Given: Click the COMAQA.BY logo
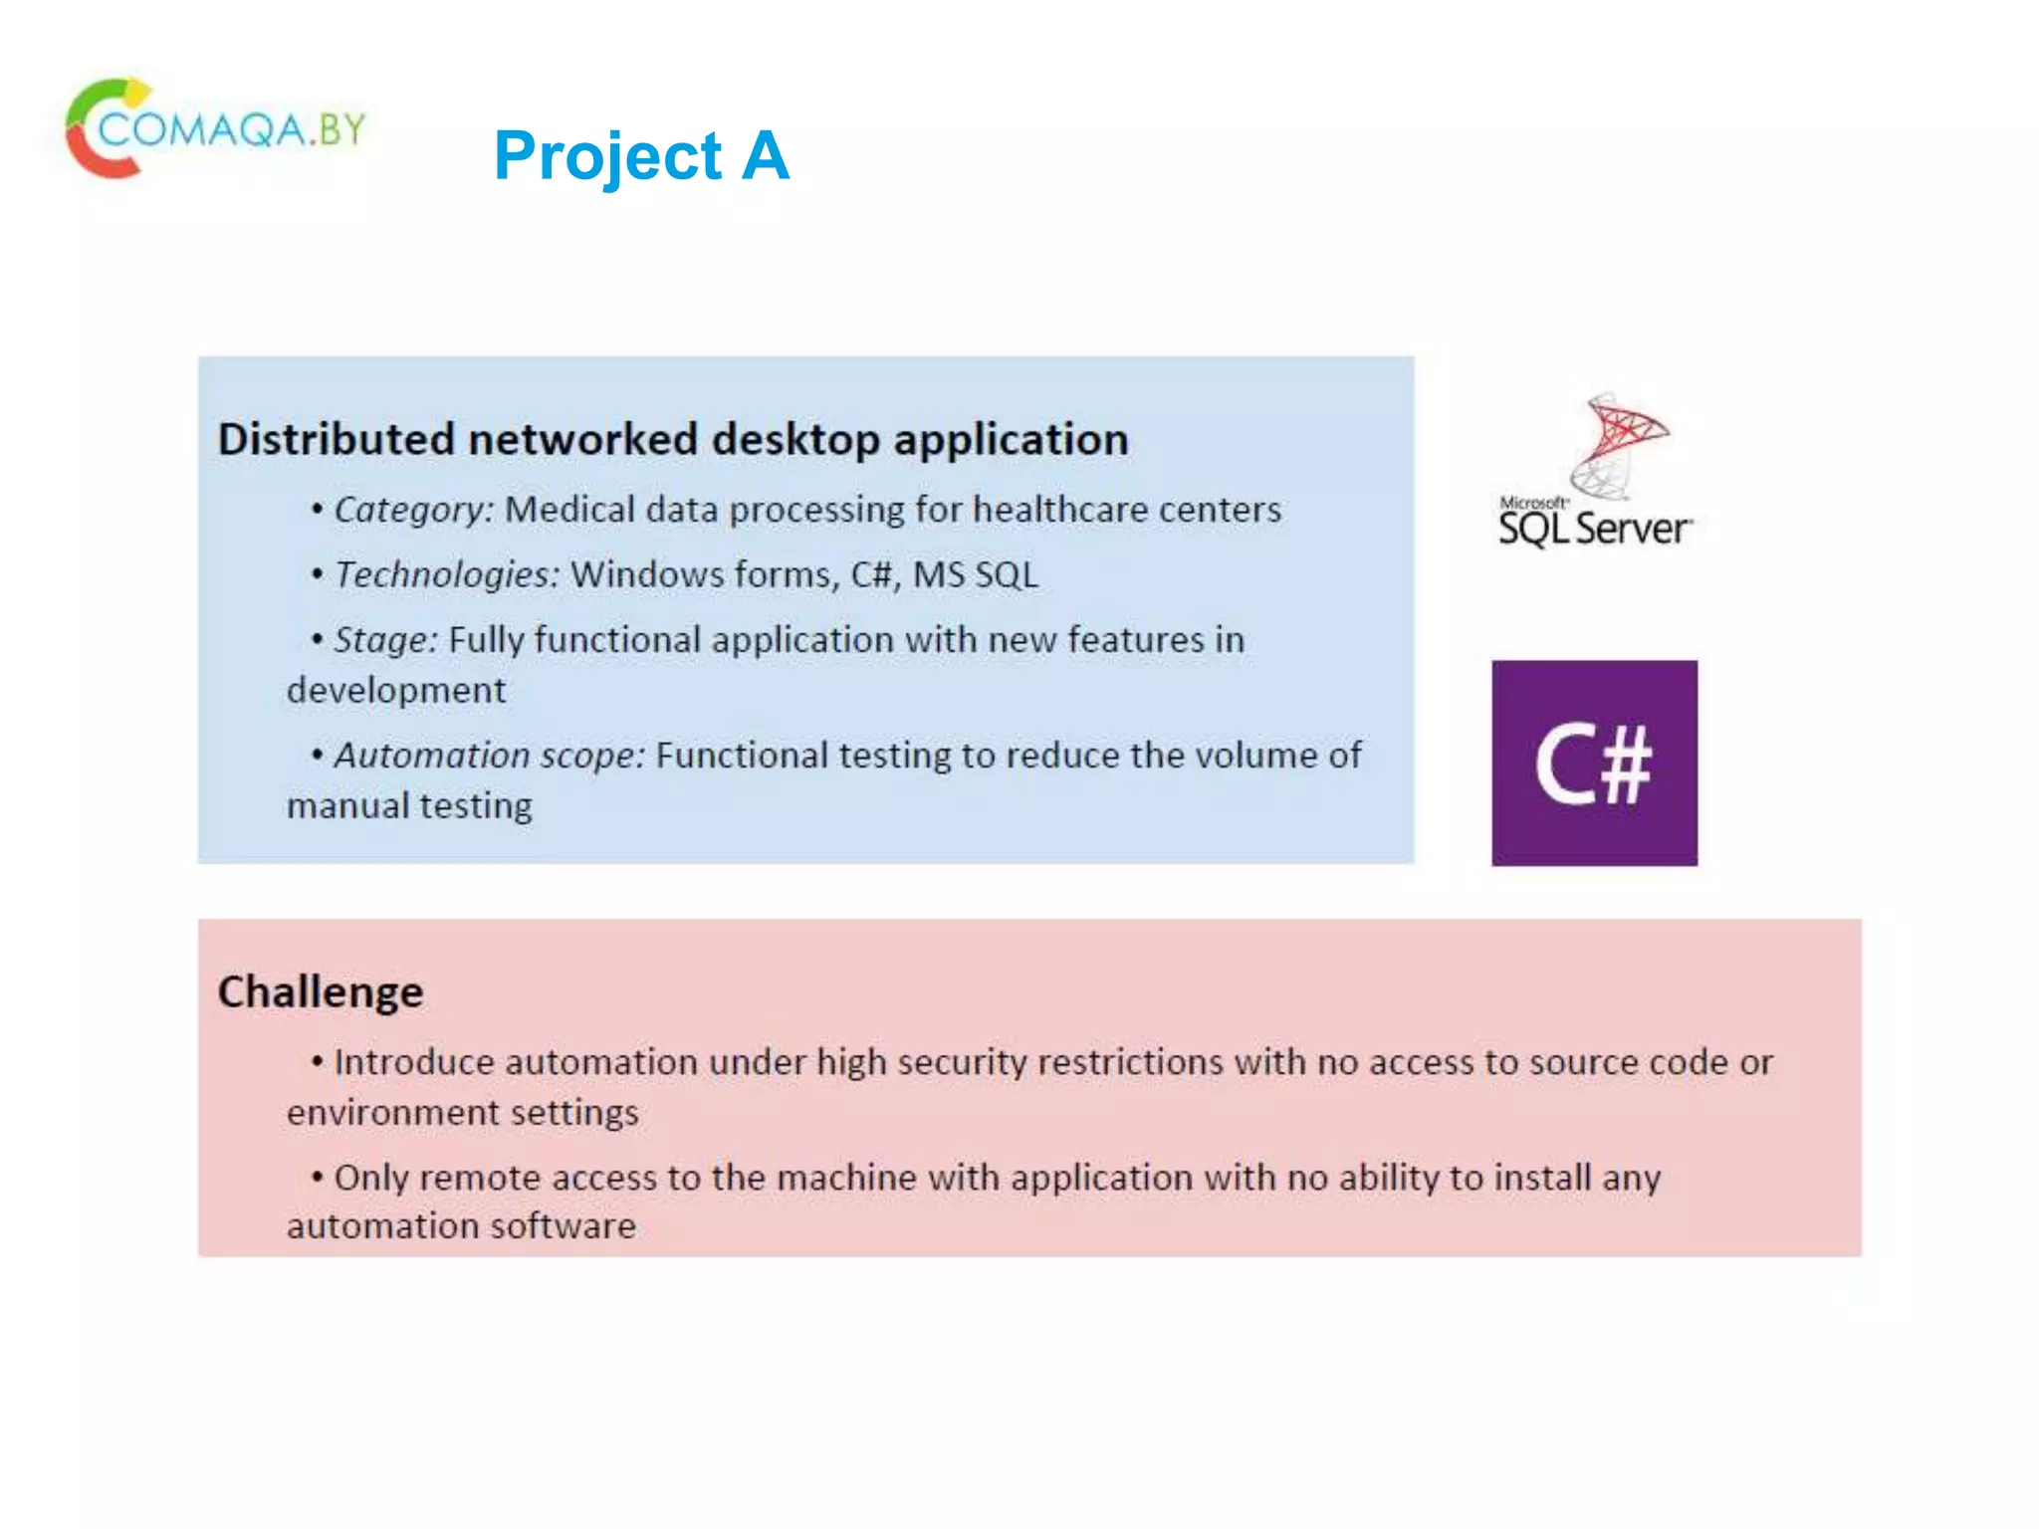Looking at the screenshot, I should pyautogui.click(x=215, y=129).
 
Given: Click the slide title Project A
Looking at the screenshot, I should pyautogui.click(x=641, y=156).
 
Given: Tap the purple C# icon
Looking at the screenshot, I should pyautogui.click(x=1594, y=764).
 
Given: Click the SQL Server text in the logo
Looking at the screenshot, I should pyautogui.click(x=1594, y=529).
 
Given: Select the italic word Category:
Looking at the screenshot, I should pyautogui.click(x=413, y=510).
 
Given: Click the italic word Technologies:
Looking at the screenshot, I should pyautogui.click(x=447, y=575).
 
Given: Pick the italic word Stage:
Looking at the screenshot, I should pyautogui.click(x=385, y=640).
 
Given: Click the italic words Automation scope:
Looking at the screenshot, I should pyautogui.click(x=489, y=756).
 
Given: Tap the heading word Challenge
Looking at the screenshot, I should pyautogui.click(x=321, y=992).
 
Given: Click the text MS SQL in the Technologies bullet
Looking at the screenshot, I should pyautogui.click(x=975, y=575).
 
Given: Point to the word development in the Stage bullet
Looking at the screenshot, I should pyautogui.click(x=396, y=691).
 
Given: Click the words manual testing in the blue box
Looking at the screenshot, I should pyautogui.click(x=409, y=806).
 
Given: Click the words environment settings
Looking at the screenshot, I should pyautogui.click(x=462, y=1113).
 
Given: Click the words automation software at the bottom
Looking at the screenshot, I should pyautogui.click(x=461, y=1226).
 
